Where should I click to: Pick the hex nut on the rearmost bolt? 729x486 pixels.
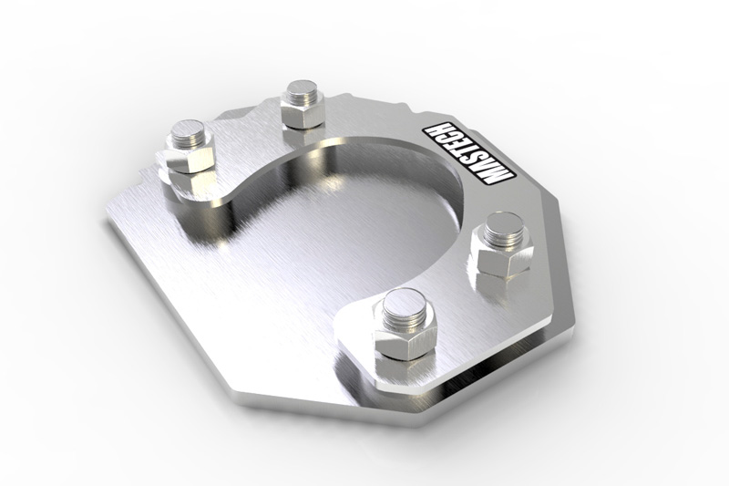click(x=302, y=115)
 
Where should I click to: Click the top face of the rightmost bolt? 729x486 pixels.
click(x=502, y=224)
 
